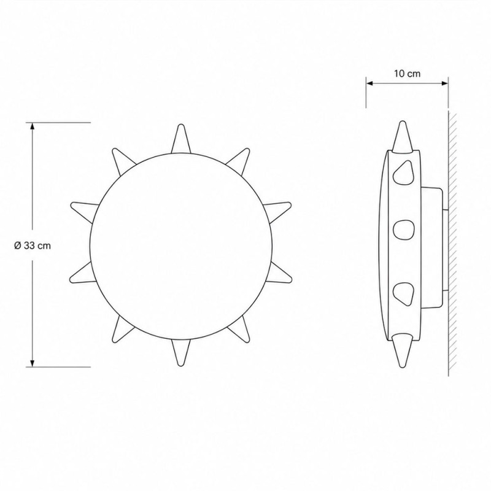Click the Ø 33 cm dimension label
pyautogui.click(x=33, y=245)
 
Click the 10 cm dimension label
pyautogui.click(x=407, y=74)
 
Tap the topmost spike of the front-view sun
pyautogui.click(x=181, y=139)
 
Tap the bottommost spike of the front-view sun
pyautogui.click(x=180, y=352)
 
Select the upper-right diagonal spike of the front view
pyautogui.click(x=239, y=160)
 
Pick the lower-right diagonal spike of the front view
pyautogui.click(x=239, y=330)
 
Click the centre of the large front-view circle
pyautogui.click(x=180, y=246)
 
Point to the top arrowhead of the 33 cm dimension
pyautogui.click(x=32, y=126)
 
